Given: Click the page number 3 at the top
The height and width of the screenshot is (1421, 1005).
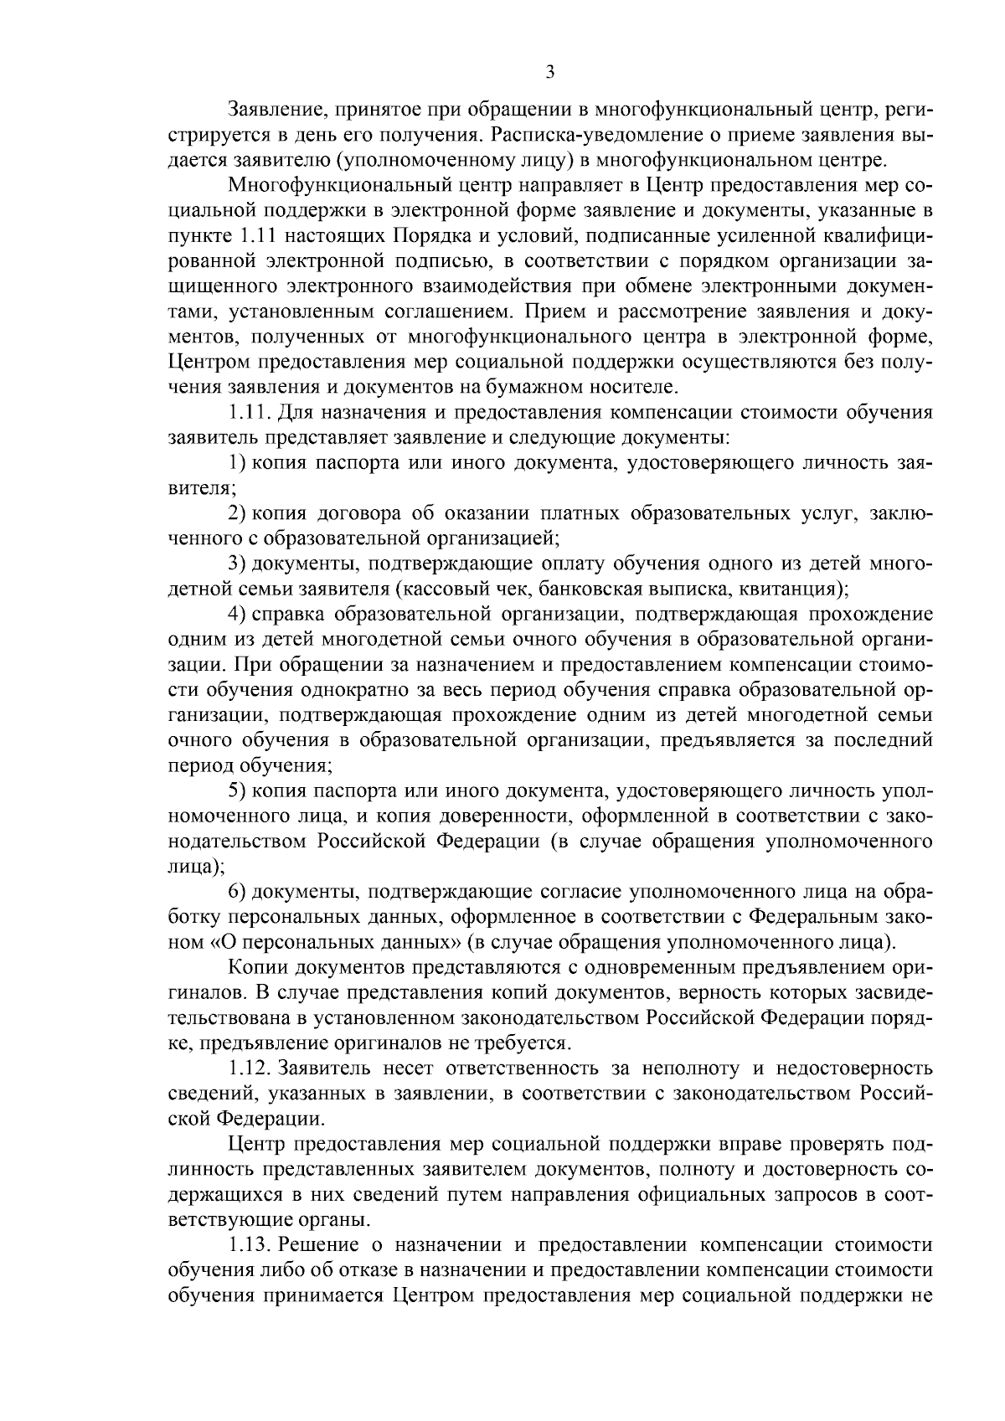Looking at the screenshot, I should pyautogui.click(x=550, y=73).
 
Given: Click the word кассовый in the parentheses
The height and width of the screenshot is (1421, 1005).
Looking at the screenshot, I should pyautogui.click(x=441, y=588).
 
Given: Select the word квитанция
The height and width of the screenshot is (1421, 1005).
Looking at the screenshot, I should pyautogui.click(x=788, y=588).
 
